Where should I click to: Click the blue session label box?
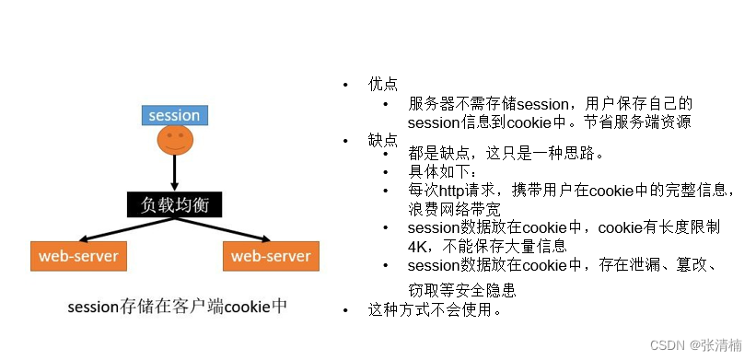pyautogui.click(x=174, y=115)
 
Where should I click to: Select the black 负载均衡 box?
pyautogui.click(x=174, y=204)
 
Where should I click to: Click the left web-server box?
pyautogui.click(x=78, y=255)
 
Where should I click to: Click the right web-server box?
pyautogui.click(x=271, y=255)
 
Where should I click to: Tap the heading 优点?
pyautogui.click(x=383, y=85)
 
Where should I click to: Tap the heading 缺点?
pyautogui.click(x=383, y=140)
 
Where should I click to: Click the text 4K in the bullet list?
pyautogui.click(x=417, y=246)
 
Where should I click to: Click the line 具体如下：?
pyautogui.click(x=443, y=172)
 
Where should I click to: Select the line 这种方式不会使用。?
pyautogui.click(x=435, y=309)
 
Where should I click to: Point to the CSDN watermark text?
pyautogui.click(x=695, y=344)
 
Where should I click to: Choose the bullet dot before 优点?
pyautogui.click(x=347, y=86)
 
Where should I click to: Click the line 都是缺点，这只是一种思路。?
pyautogui.click(x=506, y=154)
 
